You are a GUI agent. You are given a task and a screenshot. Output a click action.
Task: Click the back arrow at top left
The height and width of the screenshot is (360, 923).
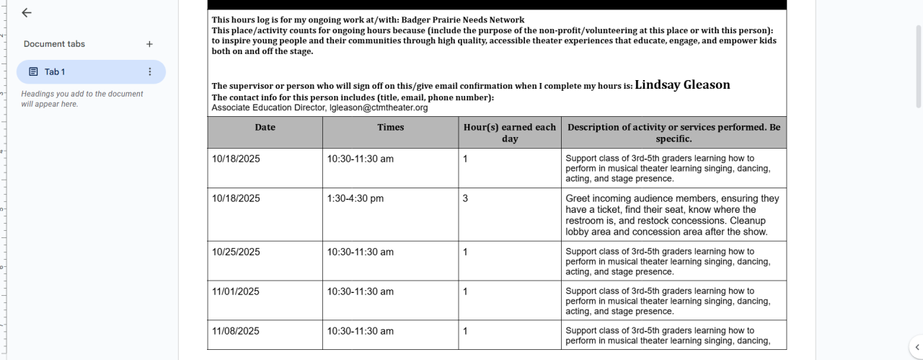pos(27,13)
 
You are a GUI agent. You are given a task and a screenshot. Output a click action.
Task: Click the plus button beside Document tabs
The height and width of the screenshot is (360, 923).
pos(149,44)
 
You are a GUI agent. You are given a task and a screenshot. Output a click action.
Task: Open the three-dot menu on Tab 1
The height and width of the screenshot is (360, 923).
pos(150,72)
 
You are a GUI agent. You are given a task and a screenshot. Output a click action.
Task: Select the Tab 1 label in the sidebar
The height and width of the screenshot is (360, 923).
pos(55,72)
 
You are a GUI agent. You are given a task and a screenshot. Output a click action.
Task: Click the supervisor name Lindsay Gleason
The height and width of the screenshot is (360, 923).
pos(682,85)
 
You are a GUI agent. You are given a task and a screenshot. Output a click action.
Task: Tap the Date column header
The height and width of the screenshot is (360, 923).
pos(265,128)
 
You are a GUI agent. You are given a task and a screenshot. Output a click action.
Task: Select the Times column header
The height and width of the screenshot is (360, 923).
pos(390,128)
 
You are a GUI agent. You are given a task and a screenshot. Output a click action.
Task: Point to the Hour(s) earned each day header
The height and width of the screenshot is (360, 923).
pos(509,133)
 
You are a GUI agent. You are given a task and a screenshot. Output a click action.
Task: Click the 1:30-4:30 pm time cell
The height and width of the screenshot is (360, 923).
pos(355,198)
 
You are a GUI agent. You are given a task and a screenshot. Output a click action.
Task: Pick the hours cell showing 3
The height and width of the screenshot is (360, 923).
pos(466,198)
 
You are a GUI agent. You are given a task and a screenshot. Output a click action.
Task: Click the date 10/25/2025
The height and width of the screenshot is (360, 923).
pos(236,252)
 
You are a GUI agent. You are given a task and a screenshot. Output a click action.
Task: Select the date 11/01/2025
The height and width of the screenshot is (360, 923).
pos(236,291)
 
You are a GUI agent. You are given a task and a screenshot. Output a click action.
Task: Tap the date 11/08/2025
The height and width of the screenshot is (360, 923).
pos(236,331)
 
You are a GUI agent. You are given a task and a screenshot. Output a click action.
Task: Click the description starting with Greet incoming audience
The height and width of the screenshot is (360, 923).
pos(672,215)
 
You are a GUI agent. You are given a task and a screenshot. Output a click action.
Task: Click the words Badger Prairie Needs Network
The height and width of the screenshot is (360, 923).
pos(463,19)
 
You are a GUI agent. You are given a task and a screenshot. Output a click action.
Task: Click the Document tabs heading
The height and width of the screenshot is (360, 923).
pos(54,44)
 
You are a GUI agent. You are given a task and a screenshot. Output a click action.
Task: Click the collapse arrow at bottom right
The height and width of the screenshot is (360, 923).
pos(916,346)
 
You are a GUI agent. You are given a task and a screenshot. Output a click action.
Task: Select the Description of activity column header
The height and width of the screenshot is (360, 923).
pos(674,133)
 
